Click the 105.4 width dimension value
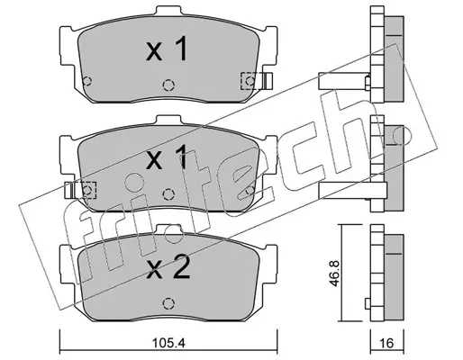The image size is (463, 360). click(x=168, y=342)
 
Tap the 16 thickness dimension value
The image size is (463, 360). click(x=387, y=342)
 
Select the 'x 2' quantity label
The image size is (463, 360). click(x=168, y=269)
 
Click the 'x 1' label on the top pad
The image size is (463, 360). click(x=167, y=49)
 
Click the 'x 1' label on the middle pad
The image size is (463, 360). click(x=167, y=157)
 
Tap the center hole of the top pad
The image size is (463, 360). click(x=168, y=85)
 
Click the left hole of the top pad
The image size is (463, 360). click(x=87, y=81)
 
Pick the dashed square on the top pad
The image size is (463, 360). click(x=250, y=81)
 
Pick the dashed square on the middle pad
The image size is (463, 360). click(x=87, y=190)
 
